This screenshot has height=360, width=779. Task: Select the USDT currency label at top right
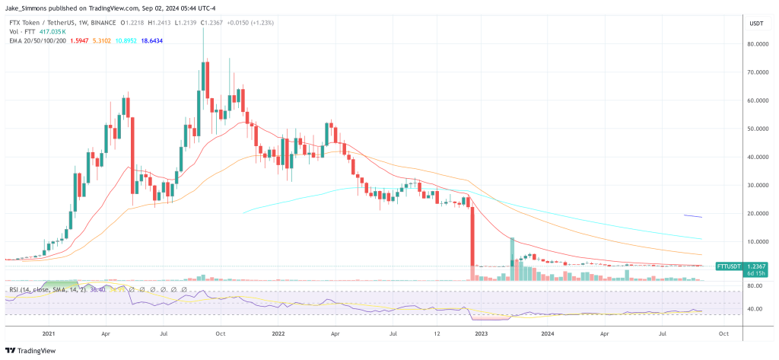click(756, 23)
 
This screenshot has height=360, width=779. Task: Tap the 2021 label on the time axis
click(49, 333)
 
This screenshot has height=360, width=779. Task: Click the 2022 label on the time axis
click(278, 333)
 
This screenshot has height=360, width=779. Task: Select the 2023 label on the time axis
click(481, 333)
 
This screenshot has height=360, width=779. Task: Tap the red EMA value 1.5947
click(81, 41)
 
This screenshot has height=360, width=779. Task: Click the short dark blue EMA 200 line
click(693, 216)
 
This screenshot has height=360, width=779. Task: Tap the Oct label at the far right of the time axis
click(723, 333)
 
